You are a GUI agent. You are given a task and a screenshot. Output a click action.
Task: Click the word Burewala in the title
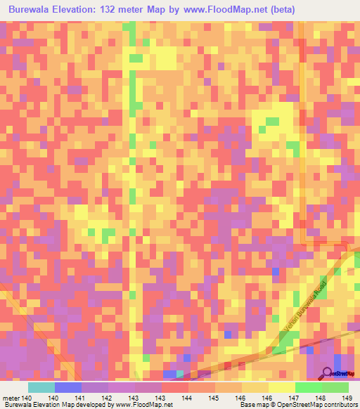(x=33, y=10)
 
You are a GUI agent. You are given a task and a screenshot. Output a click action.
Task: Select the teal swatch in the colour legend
(x=41, y=387)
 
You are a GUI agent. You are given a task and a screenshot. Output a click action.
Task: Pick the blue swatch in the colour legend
(x=68, y=387)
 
